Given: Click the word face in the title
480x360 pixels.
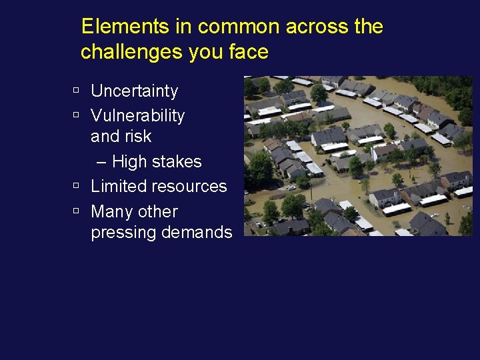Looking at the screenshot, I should pos(249,52).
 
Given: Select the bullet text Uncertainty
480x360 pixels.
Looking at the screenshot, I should pos(135,91).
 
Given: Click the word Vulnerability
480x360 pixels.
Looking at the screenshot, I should pos(137,115).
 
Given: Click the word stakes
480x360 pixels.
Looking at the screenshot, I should pos(179,161).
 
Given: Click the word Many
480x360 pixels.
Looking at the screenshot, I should pos(111,211).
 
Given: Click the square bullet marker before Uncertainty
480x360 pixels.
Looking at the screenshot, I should pos(77,89).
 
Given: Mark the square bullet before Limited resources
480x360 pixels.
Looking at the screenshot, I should pos(77,185).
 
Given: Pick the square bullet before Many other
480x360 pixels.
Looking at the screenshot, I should pos(77,210).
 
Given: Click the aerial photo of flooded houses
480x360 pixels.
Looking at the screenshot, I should pos(358,156).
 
